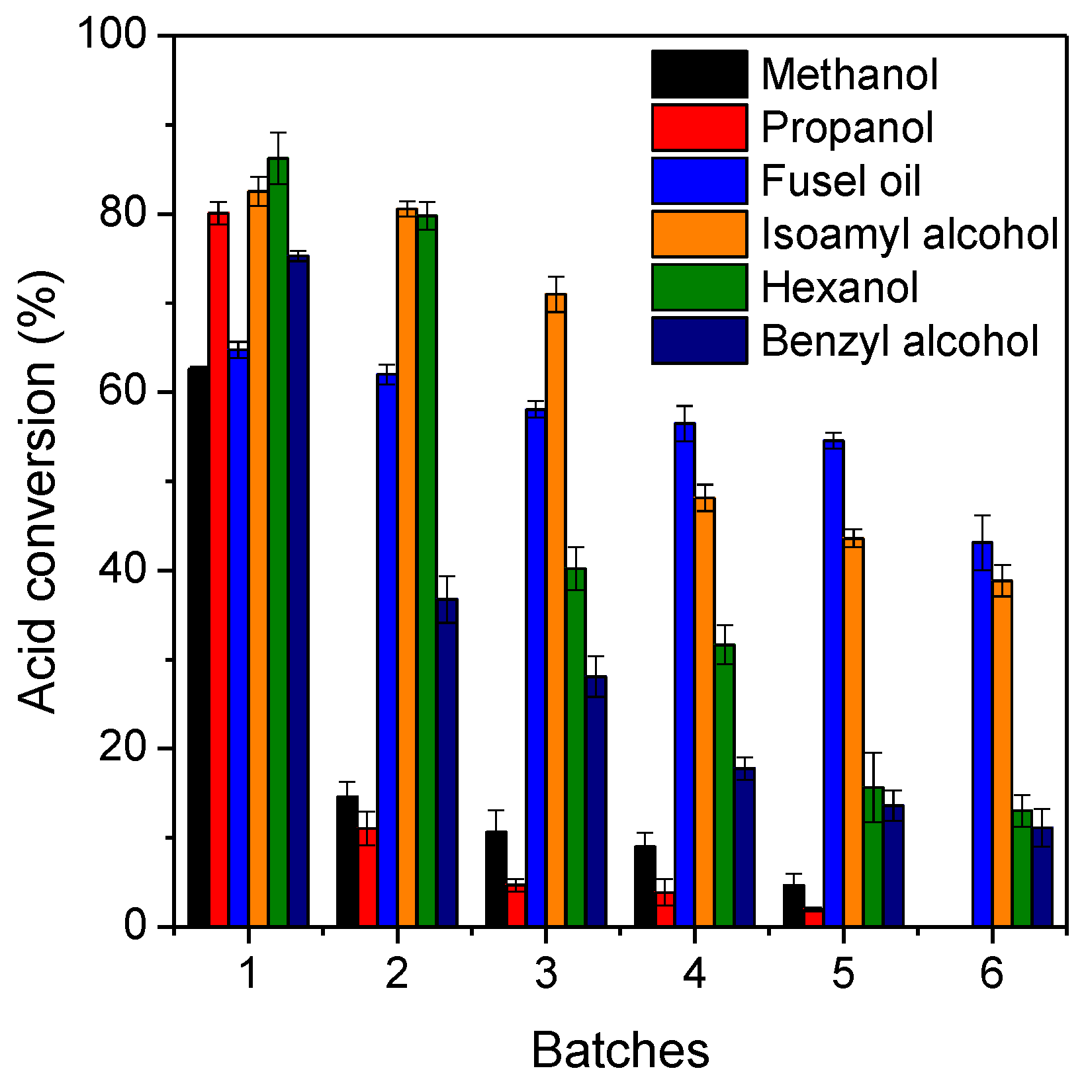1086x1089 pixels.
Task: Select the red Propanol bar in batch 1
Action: click(x=218, y=569)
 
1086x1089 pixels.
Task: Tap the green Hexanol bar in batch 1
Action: click(x=278, y=542)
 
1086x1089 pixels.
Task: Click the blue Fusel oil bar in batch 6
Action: click(x=982, y=734)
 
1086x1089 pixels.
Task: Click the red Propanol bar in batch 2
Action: click(x=368, y=876)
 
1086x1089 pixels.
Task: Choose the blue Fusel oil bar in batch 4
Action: click(x=684, y=674)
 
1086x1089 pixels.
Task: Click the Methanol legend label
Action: click(x=849, y=74)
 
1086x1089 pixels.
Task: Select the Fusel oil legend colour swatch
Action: click(x=699, y=181)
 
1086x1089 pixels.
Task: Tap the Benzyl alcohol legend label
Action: click(x=900, y=341)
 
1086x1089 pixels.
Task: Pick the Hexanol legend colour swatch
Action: click(x=699, y=287)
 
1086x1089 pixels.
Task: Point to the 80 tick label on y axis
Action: click(x=122, y=214)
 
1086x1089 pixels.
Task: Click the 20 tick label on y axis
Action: click(x=122, y=747)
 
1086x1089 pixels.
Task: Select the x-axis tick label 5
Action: click(x=842, y=973)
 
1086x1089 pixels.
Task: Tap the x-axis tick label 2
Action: click(x=396, y=973)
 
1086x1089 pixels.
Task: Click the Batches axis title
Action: click(x=620, y=1050)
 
